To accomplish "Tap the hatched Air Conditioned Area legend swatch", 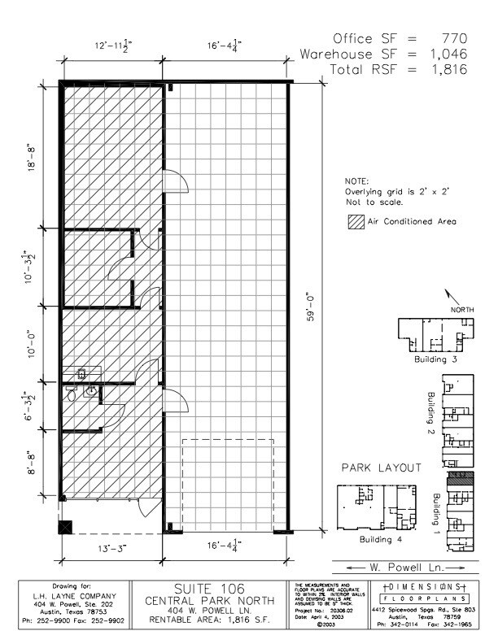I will coord(355,221).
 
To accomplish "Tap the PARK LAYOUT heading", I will coord(381,468).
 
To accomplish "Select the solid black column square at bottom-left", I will coord(66,527).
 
